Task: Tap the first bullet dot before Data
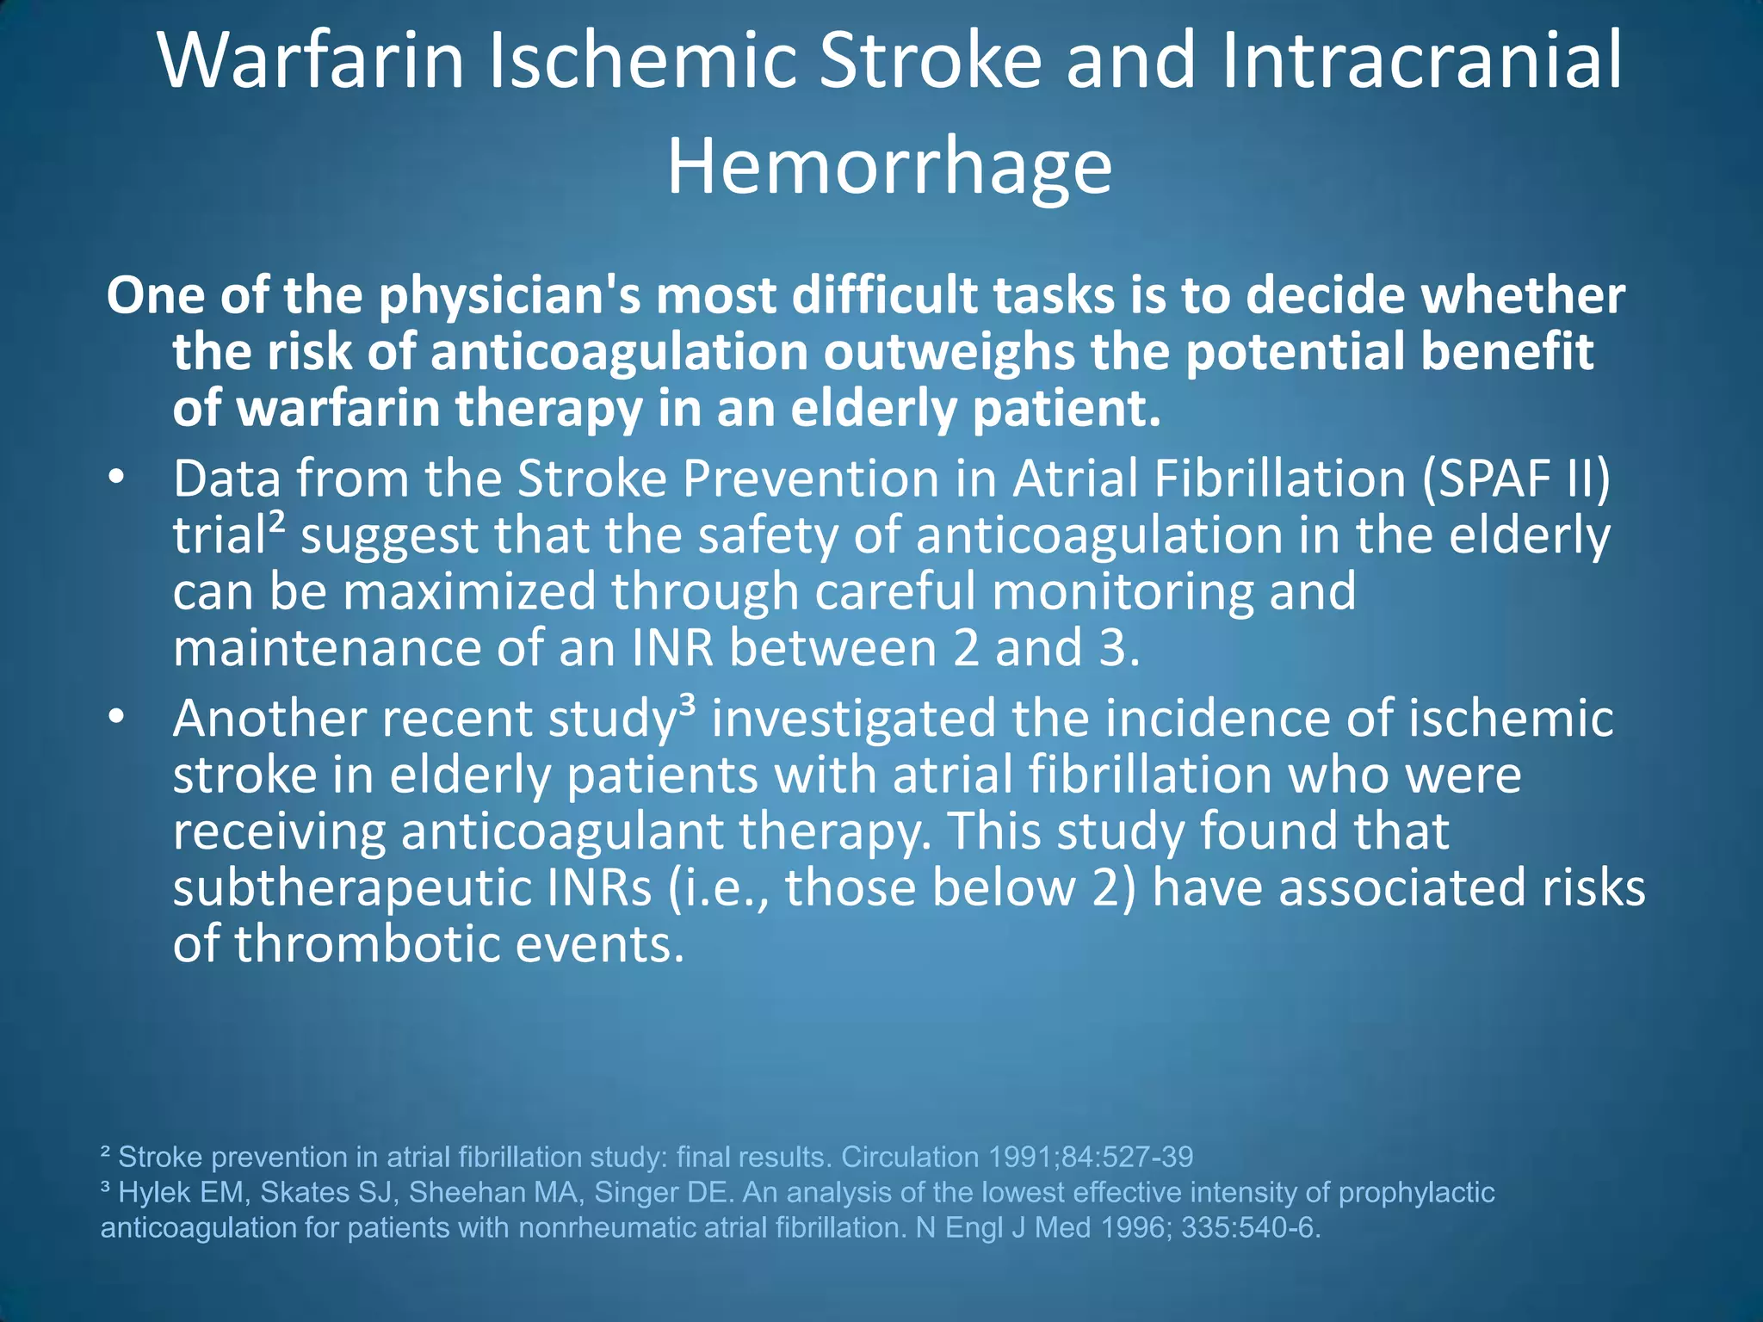pyautogui.click(x=117, y=479)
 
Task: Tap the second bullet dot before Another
pyautogui.click(x=117, y=718)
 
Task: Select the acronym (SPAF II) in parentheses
pyautogui.click(x=1516, y=479)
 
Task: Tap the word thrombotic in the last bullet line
pyautogui.click(x=367, y=944)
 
